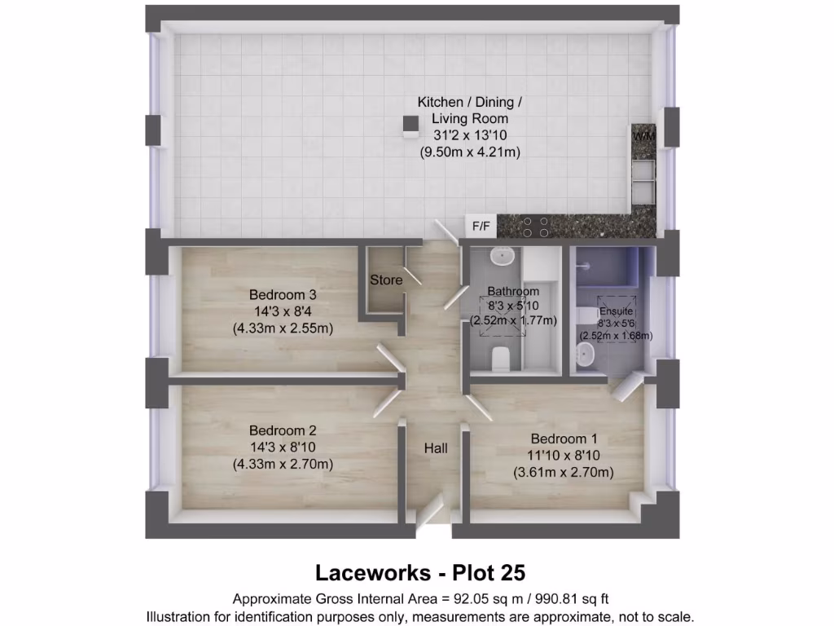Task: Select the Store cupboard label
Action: tap(386, 280)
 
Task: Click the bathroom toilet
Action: tap(501, 357)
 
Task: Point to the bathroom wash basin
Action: tap(504, 256)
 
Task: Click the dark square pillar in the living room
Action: tap(410, 124)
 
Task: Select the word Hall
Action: tap(435, 448)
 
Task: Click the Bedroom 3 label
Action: tap(283, 294)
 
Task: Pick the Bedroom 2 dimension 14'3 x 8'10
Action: tap(283, 447)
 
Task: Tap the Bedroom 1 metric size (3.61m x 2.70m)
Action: tap(563, 472)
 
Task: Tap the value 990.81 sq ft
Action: tap(572, 598)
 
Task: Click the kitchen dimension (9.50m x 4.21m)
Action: tap(470, 152)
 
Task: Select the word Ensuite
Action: tap(615, 311)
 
